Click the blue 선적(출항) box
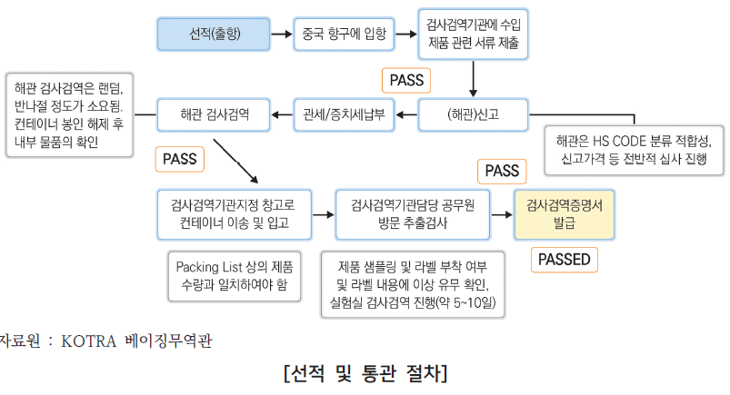214,35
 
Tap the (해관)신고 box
474,114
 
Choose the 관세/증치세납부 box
343,114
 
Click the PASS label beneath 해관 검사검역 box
179,159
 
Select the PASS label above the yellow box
502,171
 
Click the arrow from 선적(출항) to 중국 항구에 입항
281,35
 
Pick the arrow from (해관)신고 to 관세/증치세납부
406,114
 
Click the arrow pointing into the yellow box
500,215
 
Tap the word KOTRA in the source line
87,342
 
